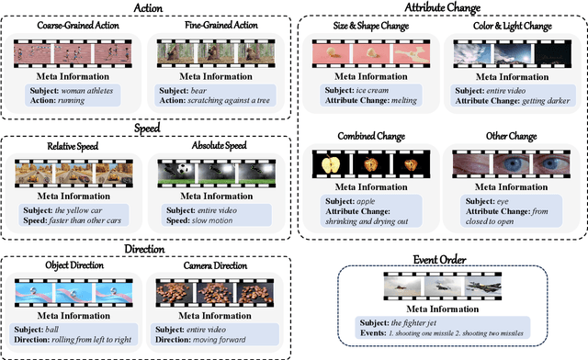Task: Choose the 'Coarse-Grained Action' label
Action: [74, 25]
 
